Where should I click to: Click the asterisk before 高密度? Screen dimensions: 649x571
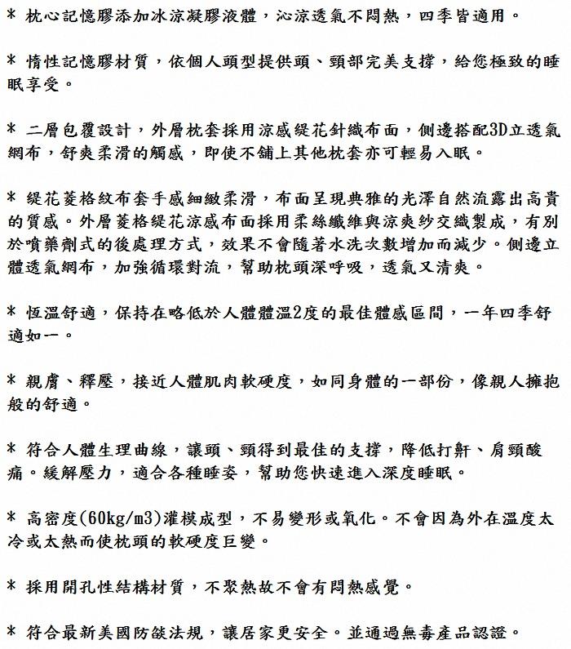11,518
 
